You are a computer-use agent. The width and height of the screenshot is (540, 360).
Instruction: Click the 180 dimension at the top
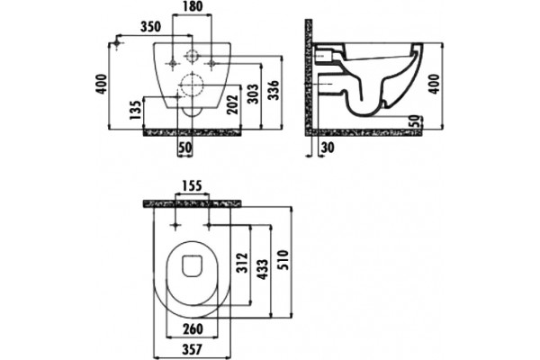click(192, 6)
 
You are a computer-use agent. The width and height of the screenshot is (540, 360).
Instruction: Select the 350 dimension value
click(151, 27)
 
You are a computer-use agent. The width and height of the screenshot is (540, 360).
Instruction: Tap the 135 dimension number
click(136, 110)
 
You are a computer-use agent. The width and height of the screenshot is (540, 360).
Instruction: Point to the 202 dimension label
click(233, 104)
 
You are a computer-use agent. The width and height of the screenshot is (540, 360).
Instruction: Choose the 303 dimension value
click(253, 94)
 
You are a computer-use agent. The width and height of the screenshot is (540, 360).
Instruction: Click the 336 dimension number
click(274, 90)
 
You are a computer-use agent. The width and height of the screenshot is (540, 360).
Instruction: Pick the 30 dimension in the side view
click(328, 147)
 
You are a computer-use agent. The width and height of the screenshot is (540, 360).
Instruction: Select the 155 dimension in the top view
click(192, 185)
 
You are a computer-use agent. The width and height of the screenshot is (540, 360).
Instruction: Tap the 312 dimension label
click(243, 263)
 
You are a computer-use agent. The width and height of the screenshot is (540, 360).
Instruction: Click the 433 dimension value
click(263, 270)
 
